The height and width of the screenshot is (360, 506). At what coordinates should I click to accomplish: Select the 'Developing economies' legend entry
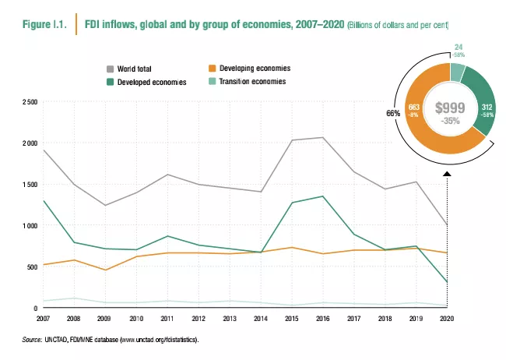(251, 69)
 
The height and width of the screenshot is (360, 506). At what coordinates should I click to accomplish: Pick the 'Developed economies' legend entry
(152, 82)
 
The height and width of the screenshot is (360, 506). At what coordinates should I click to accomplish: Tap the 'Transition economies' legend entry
(251, 81)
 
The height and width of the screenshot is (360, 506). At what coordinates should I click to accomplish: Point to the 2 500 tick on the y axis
(30, 102)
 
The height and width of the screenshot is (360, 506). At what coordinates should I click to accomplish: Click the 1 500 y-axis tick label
(30, 185)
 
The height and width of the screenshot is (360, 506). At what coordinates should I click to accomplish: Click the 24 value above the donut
(459, 48)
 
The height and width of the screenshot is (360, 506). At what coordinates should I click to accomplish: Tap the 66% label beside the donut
(392, 113)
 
